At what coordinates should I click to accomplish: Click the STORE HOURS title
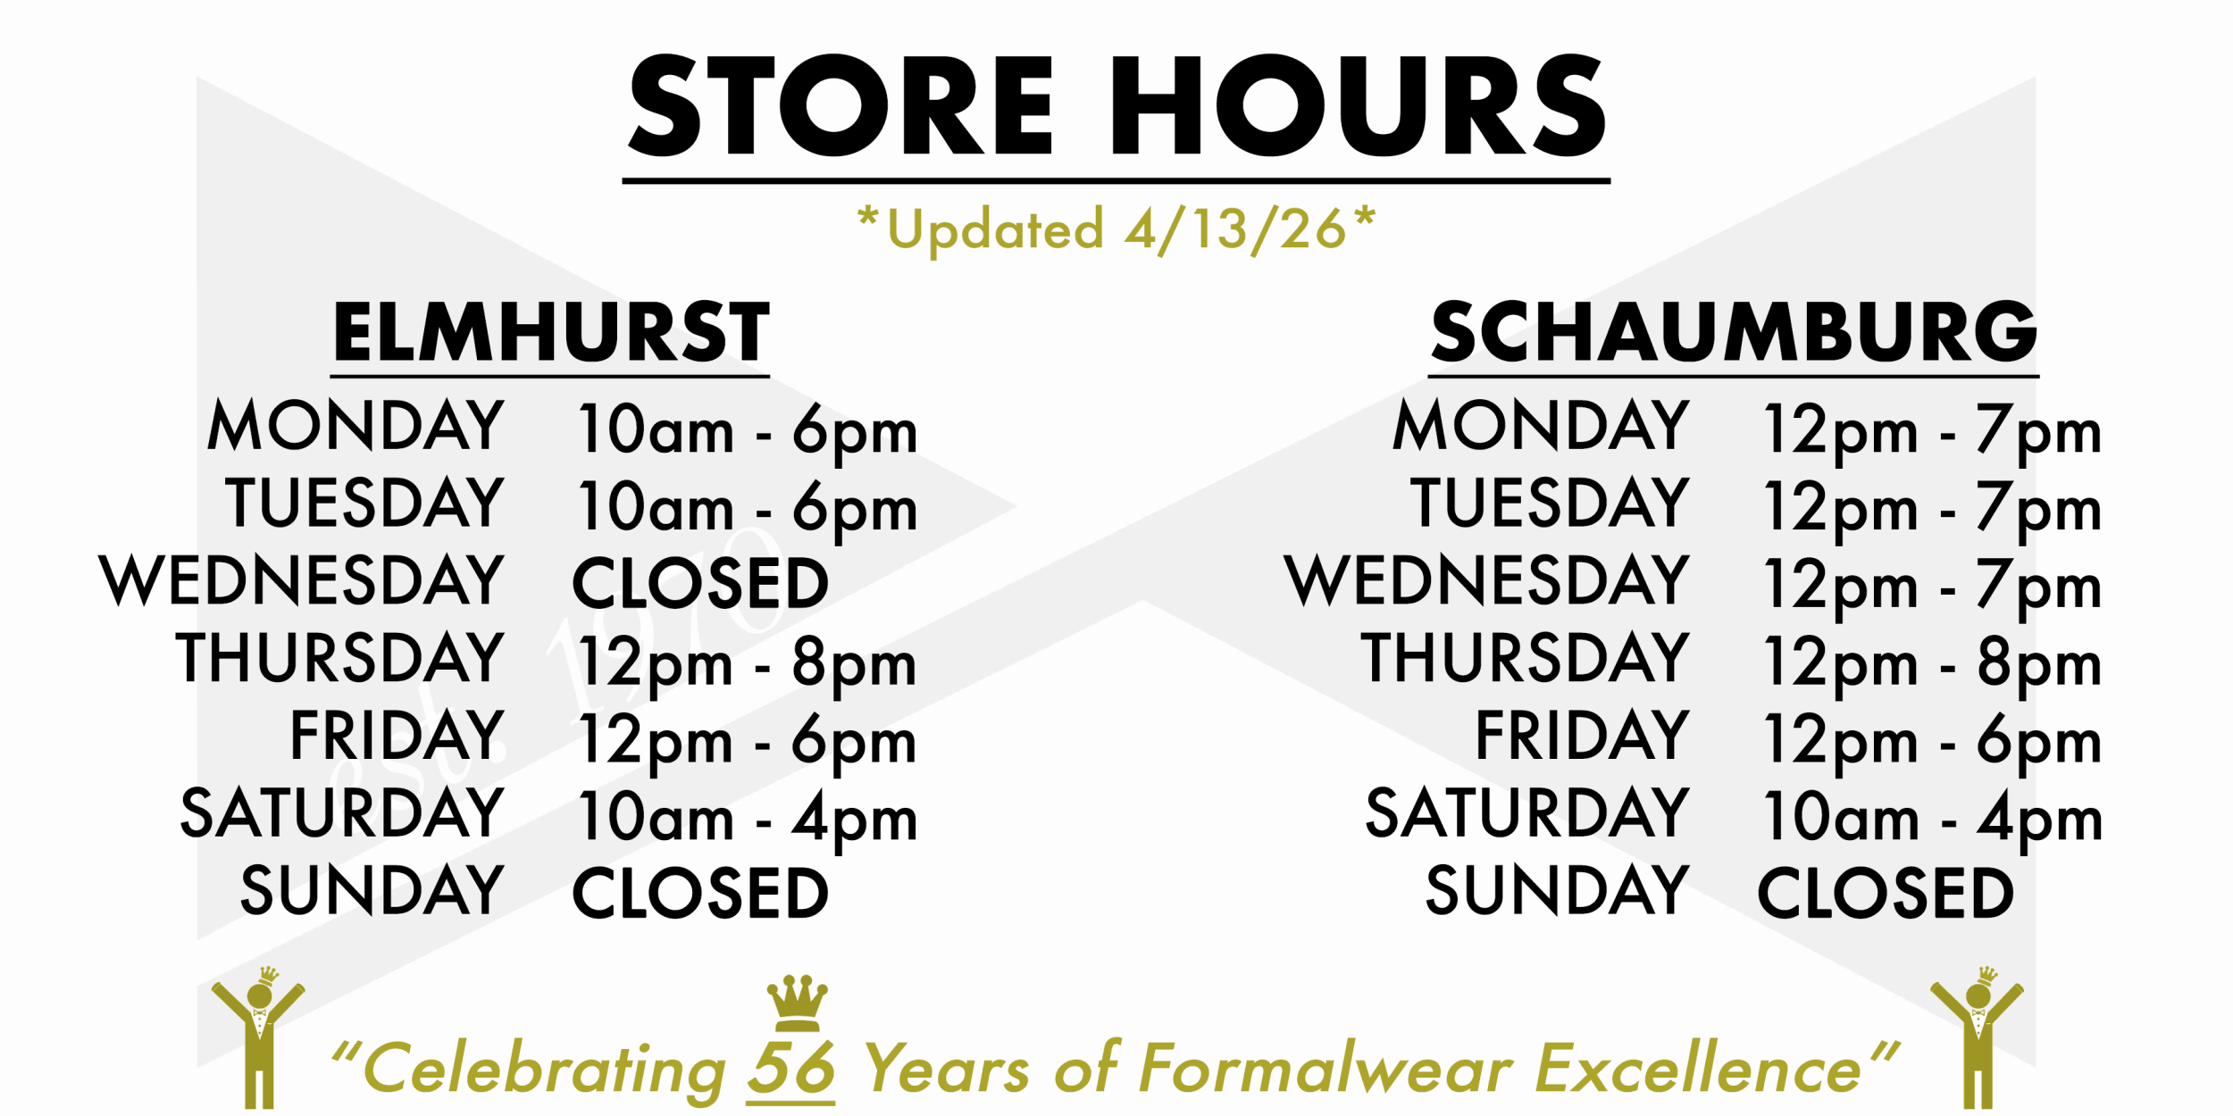click(1116, 104)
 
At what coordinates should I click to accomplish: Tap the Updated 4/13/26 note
click(1116, 229)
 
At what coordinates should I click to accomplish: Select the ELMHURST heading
click(551, 331)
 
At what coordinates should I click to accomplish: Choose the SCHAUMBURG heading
click(1734, 331)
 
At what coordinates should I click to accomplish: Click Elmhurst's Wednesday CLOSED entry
click(701, 583)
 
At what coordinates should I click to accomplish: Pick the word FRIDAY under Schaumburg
click(1582, 735)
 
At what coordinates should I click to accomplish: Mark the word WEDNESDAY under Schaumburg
click(1487, 580)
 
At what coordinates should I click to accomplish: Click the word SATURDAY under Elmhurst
click(342, 812)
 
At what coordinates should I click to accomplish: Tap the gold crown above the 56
click(797, 1003)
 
